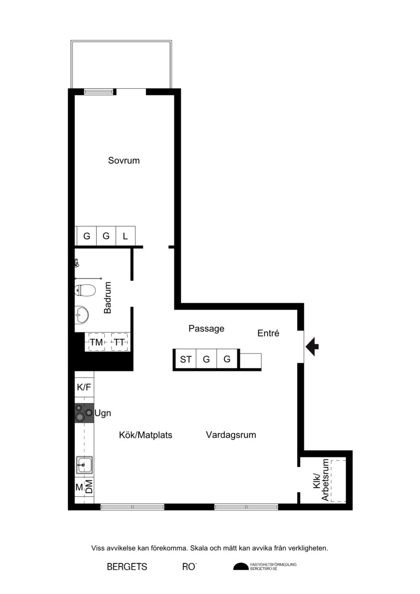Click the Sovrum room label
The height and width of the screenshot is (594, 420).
124,160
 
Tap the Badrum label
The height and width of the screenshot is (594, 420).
108,297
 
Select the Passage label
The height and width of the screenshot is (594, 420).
206,328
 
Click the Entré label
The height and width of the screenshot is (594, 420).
268,333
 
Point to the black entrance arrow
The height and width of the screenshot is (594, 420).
312,346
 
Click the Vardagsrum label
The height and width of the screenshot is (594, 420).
231,434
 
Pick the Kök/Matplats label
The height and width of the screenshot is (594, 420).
145,435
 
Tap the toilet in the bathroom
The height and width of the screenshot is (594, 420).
83,290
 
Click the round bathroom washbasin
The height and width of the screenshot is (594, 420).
82,315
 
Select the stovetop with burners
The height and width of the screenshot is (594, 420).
84,413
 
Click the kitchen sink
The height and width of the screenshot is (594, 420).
84,464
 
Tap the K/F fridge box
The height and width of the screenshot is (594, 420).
84,387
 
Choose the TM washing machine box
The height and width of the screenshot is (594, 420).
97,342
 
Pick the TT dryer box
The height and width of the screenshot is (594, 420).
119,342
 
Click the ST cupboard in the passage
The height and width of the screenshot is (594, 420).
185,359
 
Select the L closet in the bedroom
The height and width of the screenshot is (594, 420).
125,236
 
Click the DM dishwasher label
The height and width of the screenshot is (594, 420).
89,486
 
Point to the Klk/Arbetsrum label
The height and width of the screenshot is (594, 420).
321,480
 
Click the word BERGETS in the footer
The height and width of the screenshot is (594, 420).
127,567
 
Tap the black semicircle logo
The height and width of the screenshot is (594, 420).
241,566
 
